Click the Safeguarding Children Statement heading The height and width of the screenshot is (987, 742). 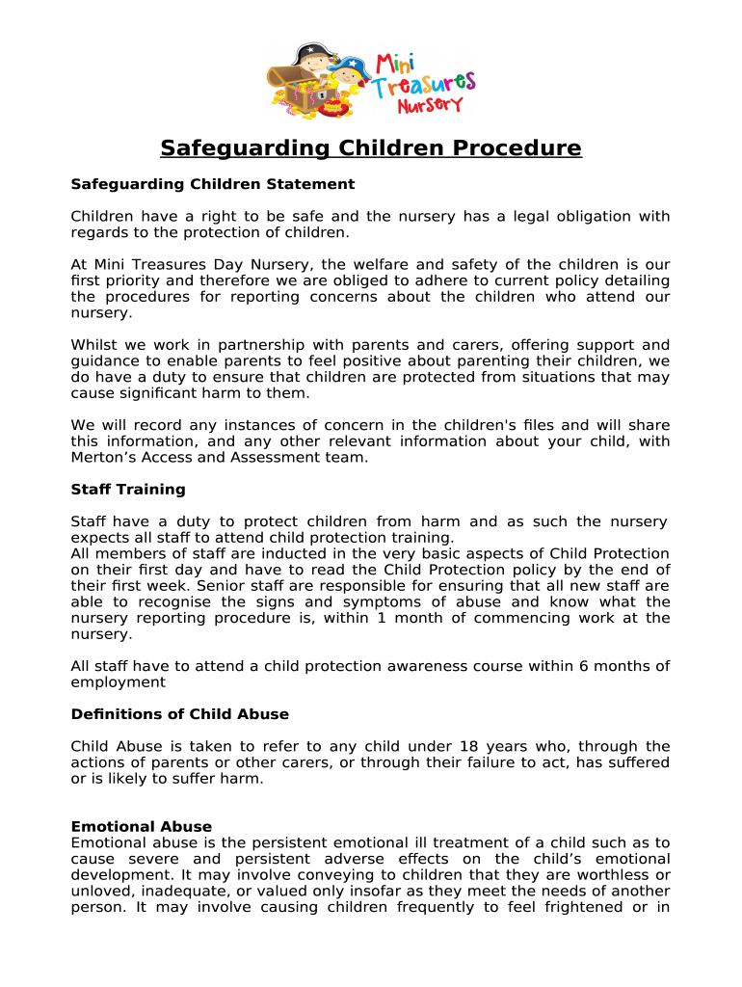point(213,184)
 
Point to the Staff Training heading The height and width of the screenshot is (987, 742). point(128,490)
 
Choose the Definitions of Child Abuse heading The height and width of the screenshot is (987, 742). point(180,714)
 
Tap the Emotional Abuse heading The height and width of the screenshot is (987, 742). point(142,827)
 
